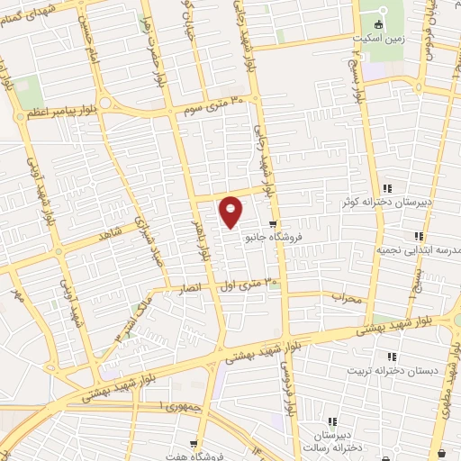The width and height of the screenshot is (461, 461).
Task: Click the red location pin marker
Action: (231, 212)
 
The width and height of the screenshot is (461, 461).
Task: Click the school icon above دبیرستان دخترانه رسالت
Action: (332, 420)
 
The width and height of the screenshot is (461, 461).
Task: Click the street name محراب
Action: (346, 296)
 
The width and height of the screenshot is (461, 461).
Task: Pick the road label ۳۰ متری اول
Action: (248, 285)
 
